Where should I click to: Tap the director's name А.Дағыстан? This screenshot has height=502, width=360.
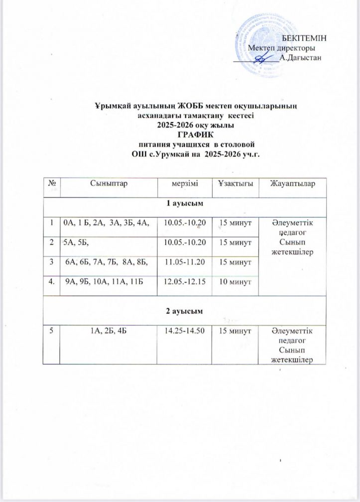point(301,58)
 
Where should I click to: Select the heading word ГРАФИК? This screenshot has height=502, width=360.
point(194,133)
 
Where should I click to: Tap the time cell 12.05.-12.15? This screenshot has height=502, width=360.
point(184,282)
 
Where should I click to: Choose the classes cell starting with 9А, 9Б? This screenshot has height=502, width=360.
point(105,282)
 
